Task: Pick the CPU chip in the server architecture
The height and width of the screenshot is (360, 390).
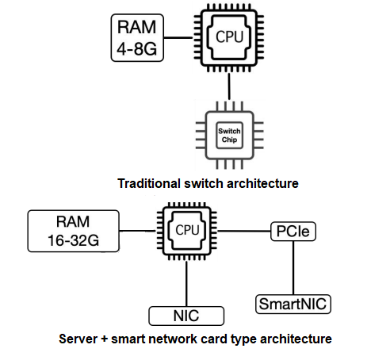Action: pos(186,231)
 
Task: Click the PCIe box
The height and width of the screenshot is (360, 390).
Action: pos(294,231)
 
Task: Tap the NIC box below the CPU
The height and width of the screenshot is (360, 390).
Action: pos(186,316)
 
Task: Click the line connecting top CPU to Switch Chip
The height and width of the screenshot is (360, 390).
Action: pos(228,89)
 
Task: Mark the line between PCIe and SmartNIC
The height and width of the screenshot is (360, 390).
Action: pos(294,267)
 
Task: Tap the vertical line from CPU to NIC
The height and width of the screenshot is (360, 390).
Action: pos(186,281)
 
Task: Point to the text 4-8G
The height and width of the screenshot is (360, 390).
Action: pos(136,48)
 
